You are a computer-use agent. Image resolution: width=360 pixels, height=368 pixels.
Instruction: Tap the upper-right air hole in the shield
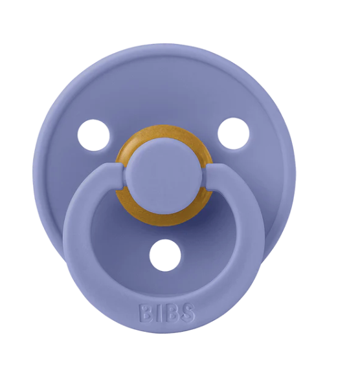coord(234,134)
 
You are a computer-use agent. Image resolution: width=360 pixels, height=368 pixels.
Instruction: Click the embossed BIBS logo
coord(166,312)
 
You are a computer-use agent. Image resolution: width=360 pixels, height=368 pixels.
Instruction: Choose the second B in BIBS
coord(172,312)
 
